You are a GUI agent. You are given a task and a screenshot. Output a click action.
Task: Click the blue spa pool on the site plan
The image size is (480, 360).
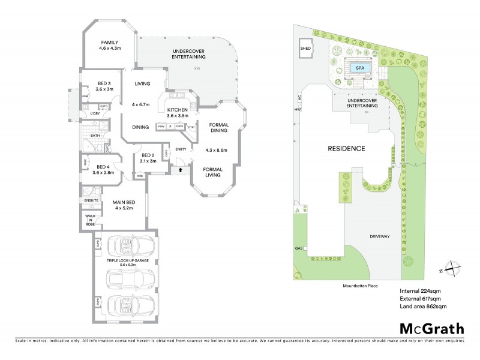coord(360,68)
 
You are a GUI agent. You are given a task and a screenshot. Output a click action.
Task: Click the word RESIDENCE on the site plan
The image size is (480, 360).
coord(346,148)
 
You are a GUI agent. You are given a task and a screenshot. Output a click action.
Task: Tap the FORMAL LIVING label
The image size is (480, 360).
coord(212,173)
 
